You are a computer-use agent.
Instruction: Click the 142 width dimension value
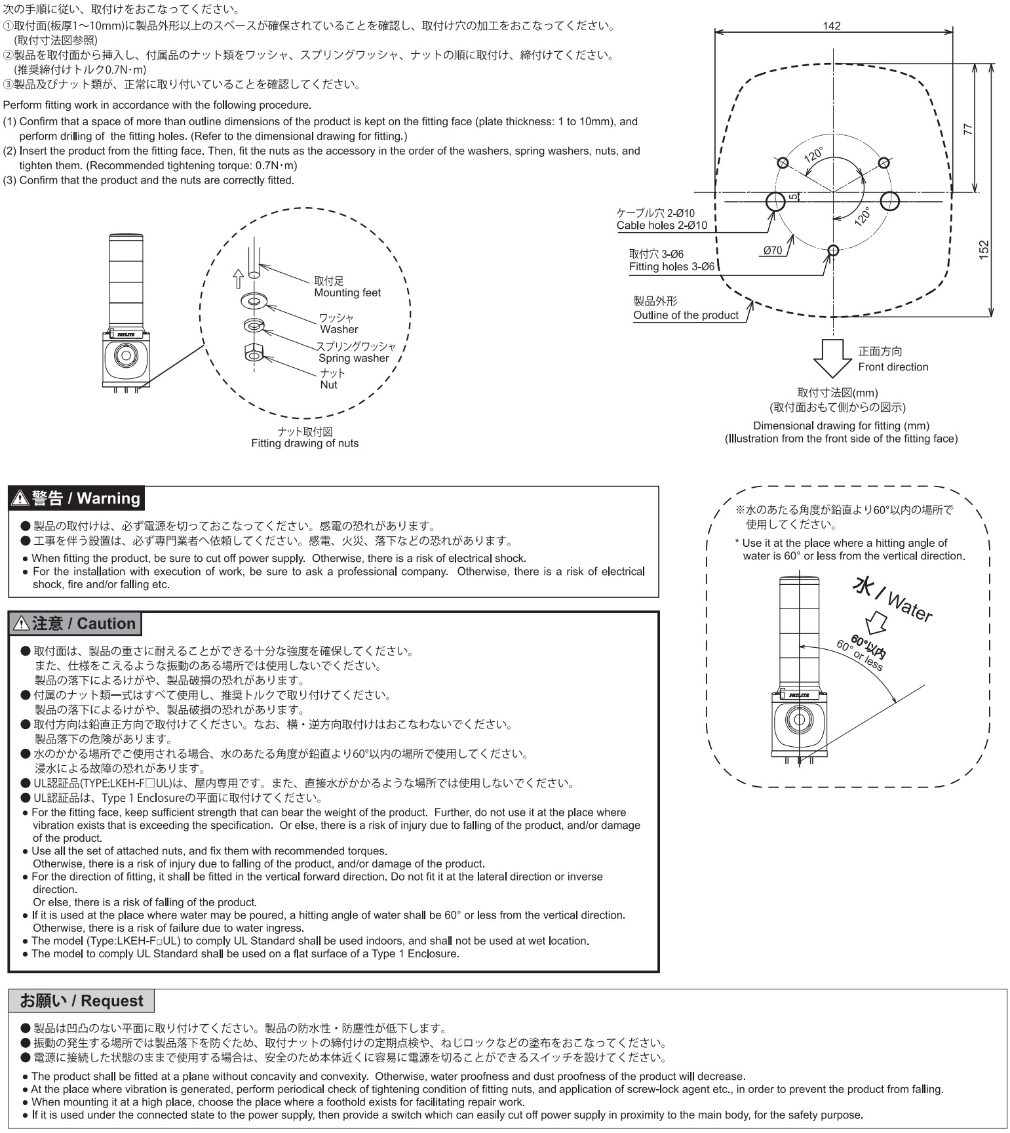[x=831, y=26]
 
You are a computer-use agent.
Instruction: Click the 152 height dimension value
[x=983, y=249]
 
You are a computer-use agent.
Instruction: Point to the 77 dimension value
[x=969, y=129]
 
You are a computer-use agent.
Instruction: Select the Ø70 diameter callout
[x=773, y=250]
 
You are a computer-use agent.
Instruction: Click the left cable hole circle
[x=775, y=201]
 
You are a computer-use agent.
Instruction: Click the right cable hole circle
[x=889, y=201]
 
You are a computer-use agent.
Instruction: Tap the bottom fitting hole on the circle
[x=833, y=250]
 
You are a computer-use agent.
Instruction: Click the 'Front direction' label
[x=893, y=367]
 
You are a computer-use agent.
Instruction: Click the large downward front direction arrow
[x=832, y=358]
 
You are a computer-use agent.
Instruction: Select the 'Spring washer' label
[x=354, y=358]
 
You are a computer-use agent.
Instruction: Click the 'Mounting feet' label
[x=347, y=293]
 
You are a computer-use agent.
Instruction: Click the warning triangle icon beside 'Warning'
[x=20, y=498]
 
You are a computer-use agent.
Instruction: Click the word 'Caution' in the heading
[x=106, y=624]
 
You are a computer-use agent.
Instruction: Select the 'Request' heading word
[x=112, y=1001]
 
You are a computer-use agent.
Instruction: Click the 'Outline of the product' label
[x=686, y=315]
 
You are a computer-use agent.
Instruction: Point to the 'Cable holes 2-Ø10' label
[x=662, y=226]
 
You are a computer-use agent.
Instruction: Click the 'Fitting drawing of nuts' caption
[x=305, y=443]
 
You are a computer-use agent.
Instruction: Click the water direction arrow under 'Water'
[x=876, y=621]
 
